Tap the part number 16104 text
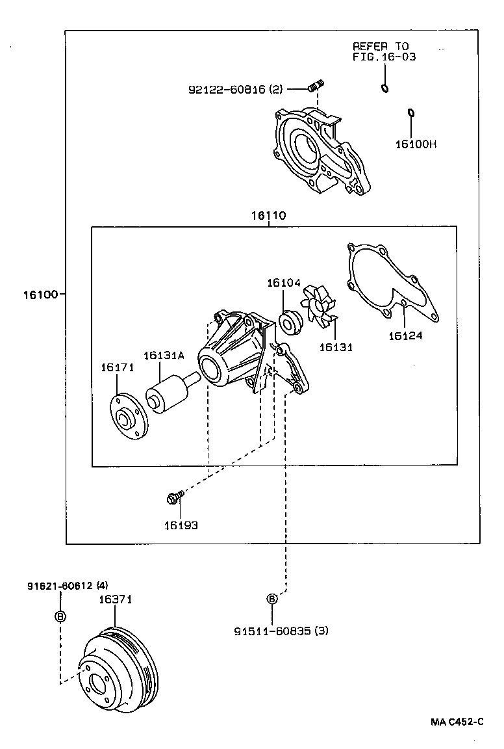click(x=283, y=283)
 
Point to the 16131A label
click(x=164, y=355)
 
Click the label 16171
click(x=117, y=368)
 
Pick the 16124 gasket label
click(x=405, y=335)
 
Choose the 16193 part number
click(x=181, y=525)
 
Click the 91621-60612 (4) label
click(x=68, y=585)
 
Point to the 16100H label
click(x=416, y=144)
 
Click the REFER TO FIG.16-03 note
click(x=384, y=51)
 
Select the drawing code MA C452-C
click(x=457, y=722)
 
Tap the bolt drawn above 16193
click(x=173, y=498)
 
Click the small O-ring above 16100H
click(x=411, y=114)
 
